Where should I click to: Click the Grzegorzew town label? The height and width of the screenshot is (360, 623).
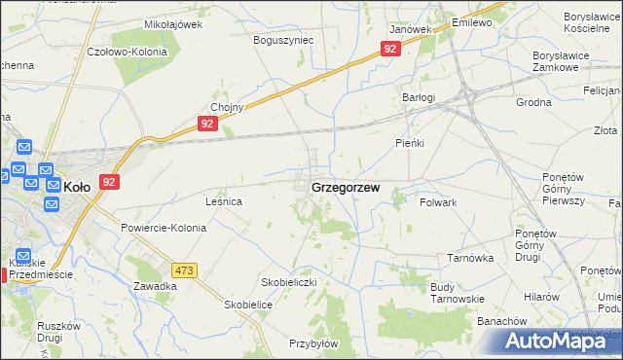[345, 186]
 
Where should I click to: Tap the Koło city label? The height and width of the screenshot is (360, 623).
[77, 186]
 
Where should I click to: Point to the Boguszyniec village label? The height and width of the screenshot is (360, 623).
[282, 41]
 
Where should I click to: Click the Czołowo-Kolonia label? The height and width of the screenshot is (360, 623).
[127, 53]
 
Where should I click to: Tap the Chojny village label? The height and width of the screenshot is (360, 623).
[226, 108]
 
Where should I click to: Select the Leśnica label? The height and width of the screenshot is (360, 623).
[223, 201]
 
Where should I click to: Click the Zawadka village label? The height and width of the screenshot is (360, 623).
[155, 286]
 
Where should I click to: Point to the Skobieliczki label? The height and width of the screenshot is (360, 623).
[289, 281]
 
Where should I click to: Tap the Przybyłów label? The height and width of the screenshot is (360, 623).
[312, 343]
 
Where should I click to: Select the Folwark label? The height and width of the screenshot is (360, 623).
[438, 201]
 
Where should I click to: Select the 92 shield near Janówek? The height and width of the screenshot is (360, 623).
[390, 49]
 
